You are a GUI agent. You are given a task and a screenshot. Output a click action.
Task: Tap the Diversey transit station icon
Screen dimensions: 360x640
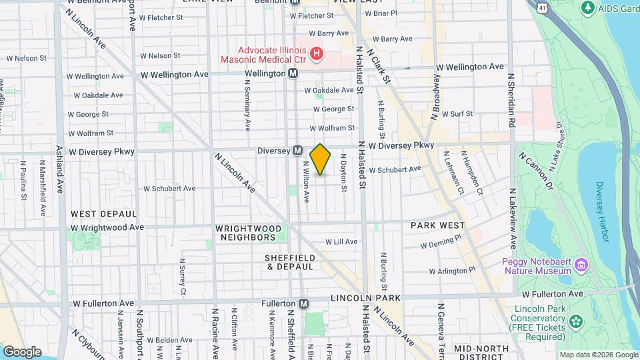coord(297,151)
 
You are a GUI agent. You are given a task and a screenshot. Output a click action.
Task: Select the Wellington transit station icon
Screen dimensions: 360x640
coord(293,73)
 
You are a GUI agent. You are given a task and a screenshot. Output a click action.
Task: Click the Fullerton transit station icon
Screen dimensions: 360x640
coord(303,303)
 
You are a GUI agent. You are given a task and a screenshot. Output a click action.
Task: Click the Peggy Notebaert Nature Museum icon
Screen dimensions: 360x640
coord(581,267)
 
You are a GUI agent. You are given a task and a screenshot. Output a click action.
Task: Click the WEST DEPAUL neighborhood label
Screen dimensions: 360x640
coord(103,214)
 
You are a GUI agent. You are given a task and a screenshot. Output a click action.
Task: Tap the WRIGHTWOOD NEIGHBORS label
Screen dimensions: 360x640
coord(245,233)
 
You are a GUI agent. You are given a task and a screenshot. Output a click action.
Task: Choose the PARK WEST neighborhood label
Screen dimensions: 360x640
coord(437,226)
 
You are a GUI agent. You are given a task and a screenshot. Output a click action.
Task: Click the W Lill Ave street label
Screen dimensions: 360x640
coord(341,241)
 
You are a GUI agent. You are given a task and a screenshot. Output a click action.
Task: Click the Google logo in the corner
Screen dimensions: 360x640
coord(22,351)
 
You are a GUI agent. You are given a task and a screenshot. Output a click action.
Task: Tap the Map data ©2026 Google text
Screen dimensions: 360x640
coord(597,355)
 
